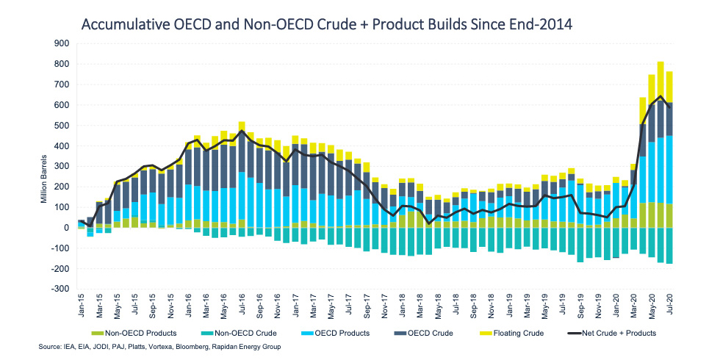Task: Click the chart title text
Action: point(326,25)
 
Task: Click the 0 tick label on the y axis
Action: point(65,228)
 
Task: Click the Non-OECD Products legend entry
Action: point(143,333)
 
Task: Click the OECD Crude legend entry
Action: point(437,333)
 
